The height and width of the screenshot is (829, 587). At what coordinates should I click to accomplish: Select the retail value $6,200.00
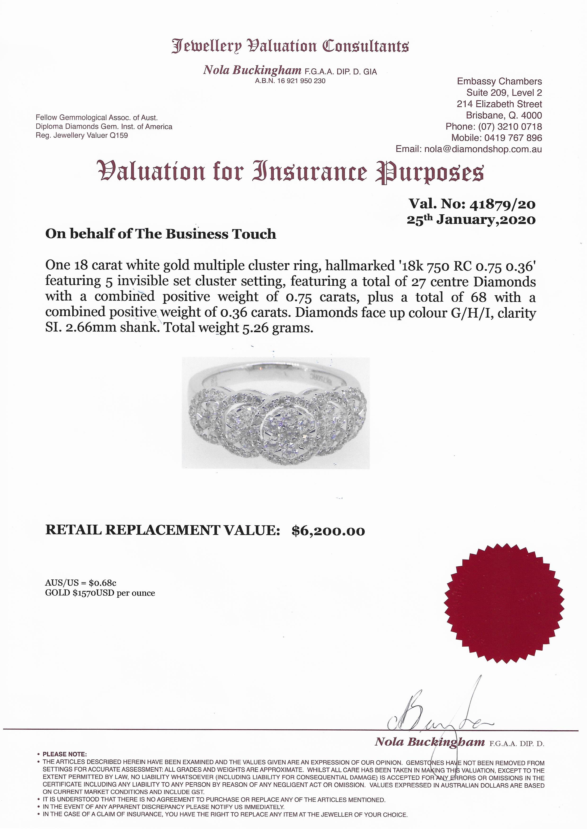pyautogui.click(x=328, y=531)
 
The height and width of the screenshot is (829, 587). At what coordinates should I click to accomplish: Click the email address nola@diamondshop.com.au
pyautogui.click(x=483, y=149)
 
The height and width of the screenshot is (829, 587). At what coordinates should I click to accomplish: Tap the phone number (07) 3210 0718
pyautogui.click(x=510, y=127)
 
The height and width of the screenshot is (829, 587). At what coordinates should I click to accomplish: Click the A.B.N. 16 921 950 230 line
pyautogui.click(x=290, y=81)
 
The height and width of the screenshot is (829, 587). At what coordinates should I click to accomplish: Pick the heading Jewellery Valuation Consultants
pyautogui.click(x=290, y=46)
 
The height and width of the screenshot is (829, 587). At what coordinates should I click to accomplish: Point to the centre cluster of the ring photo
pyautogui.click(x=288, y=429)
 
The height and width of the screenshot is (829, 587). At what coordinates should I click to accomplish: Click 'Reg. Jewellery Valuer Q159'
pyautogui.click(x=82, y=136)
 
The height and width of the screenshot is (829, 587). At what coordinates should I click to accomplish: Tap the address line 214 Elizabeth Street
pyautogui.click(x=499, y=104)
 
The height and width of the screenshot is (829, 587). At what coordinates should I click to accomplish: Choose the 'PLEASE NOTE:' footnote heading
pyautogui.click(x=64, y=754)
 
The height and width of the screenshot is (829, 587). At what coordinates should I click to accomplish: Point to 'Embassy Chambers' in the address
pyautogui.click(x=499, y=82)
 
